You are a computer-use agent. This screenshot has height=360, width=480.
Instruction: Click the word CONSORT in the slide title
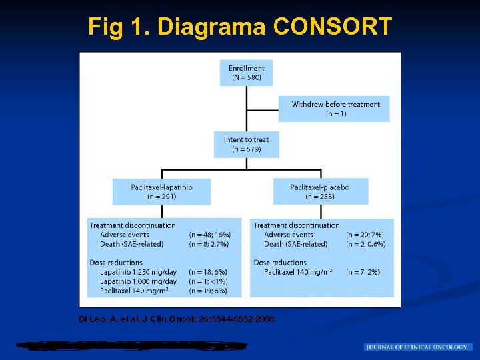pos(333,27)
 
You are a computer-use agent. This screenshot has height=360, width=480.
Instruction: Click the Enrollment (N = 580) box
pos(246,73)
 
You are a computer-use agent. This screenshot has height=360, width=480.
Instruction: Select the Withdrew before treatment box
pos(335,109)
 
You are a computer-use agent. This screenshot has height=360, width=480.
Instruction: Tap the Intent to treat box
pos(246,144)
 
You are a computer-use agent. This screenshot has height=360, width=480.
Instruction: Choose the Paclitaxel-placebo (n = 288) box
pos(320,192)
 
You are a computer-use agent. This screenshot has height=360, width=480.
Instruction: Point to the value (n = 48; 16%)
pos(209,235)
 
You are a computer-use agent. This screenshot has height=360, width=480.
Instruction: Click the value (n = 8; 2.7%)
pos(210,244)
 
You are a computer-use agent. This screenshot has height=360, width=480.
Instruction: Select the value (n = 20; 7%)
pos(365,235)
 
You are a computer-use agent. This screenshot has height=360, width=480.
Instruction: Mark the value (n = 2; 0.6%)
pos(365,244)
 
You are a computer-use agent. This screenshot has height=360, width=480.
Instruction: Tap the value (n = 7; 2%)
pos(363,272)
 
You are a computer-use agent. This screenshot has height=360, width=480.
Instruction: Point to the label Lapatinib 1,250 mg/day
pos(139,272)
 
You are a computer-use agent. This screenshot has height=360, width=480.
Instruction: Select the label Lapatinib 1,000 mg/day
pos(139,281)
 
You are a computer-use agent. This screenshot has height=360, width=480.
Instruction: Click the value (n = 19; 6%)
pos(208,291)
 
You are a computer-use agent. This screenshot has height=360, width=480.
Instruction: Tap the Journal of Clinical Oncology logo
pos(418,347)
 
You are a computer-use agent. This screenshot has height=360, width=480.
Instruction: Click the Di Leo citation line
pos(176,319)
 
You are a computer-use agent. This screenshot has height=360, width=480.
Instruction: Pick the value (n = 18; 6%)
pos(208,272)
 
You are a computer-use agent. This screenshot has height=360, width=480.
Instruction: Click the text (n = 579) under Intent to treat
pos(246,149)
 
